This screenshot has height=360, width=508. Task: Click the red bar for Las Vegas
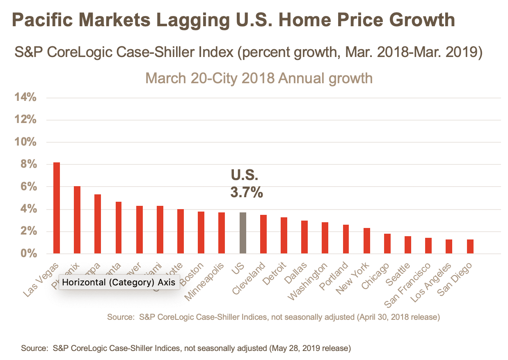click(x=57, y=208)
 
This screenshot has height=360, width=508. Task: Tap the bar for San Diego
click(x=470, y=246)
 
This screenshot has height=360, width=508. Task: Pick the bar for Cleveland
click(x=263, y=234)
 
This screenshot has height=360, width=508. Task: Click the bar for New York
click(x=367, y=241)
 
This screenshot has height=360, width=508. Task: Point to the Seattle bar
click(x=408, y=245)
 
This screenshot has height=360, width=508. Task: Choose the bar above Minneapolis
click(x=222, y=233)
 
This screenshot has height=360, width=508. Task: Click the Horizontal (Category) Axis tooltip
click(x=119, y=282)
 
